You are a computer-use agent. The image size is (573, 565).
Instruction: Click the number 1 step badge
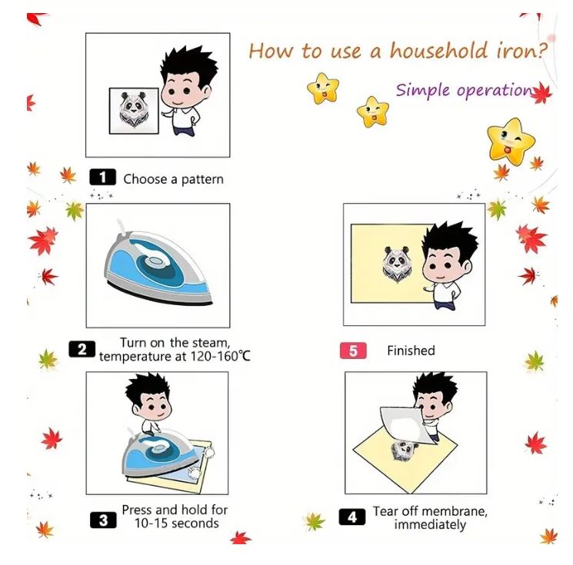coord(103,177)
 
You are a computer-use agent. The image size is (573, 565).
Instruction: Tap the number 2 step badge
coord(82,349)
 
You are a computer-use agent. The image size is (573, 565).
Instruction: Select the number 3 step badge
coord(103,520)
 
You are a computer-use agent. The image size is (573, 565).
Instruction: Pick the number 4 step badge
coord(352,517)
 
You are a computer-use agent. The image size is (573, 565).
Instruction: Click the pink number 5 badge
coord(353,351)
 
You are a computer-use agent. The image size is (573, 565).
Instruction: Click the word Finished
coord(411,351)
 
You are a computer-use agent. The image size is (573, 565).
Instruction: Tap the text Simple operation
coord(465,90)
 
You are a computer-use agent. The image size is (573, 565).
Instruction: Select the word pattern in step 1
coord(202,180)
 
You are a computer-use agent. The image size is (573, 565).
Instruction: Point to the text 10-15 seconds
coord(177,523)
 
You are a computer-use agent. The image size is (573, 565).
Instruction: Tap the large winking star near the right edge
coord(511,141)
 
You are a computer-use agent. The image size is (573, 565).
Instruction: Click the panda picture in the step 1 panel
coord(134,111)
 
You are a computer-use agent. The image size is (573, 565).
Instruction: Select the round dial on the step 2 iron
coord(155,261)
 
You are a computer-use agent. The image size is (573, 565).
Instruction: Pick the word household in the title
coord(438,51)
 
